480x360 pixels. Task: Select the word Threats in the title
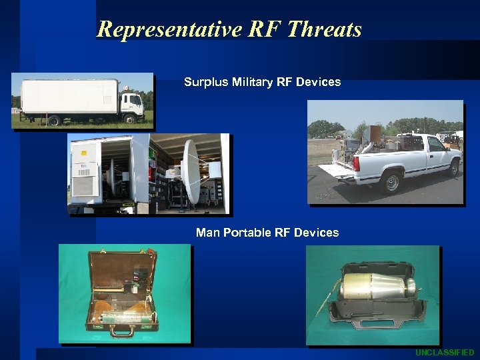click(325, 29)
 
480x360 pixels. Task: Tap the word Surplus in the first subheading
click(205, 82)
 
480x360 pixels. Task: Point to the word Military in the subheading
click(251, 82)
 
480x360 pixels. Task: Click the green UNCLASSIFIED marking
click(445, 352)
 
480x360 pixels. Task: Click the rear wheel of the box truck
click(53, 121)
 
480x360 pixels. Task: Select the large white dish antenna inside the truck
click(191, 172)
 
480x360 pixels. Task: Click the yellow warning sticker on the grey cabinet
click(84, 152)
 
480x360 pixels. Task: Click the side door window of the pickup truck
click(436, 144)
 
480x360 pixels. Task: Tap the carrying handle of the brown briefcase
click(121, 330)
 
